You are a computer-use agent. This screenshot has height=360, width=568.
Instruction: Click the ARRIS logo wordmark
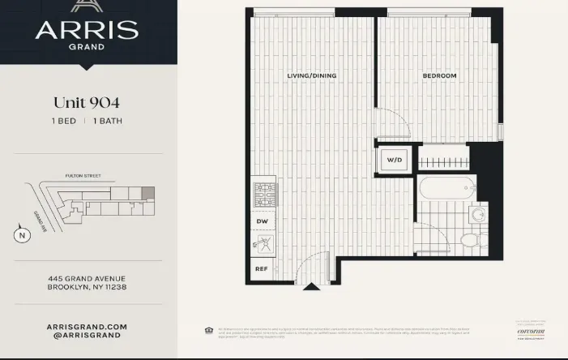87,31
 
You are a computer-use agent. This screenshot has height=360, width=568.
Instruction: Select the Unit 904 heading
87,103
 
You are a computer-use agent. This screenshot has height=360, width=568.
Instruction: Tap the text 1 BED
64,121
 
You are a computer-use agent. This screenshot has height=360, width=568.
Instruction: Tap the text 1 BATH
108,121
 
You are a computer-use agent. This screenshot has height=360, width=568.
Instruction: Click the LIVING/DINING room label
311,75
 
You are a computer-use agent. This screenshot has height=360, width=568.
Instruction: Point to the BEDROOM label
439,75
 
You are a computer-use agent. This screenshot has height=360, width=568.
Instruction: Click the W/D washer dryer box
395,160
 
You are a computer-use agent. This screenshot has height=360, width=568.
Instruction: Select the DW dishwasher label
262,220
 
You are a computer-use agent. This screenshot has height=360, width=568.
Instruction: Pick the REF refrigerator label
262,268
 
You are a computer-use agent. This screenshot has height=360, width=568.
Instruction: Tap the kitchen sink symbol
263,242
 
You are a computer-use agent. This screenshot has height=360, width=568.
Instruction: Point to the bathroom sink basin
479,214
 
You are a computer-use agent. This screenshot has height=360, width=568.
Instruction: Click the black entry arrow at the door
311,285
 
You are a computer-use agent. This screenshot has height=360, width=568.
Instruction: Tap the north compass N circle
22,236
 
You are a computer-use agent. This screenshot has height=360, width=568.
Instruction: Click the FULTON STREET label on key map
81,175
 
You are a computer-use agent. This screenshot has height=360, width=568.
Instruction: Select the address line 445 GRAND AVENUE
87,279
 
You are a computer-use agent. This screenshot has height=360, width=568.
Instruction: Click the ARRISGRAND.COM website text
87,326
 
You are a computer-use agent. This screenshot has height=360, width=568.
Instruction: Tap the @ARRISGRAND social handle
87,335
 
